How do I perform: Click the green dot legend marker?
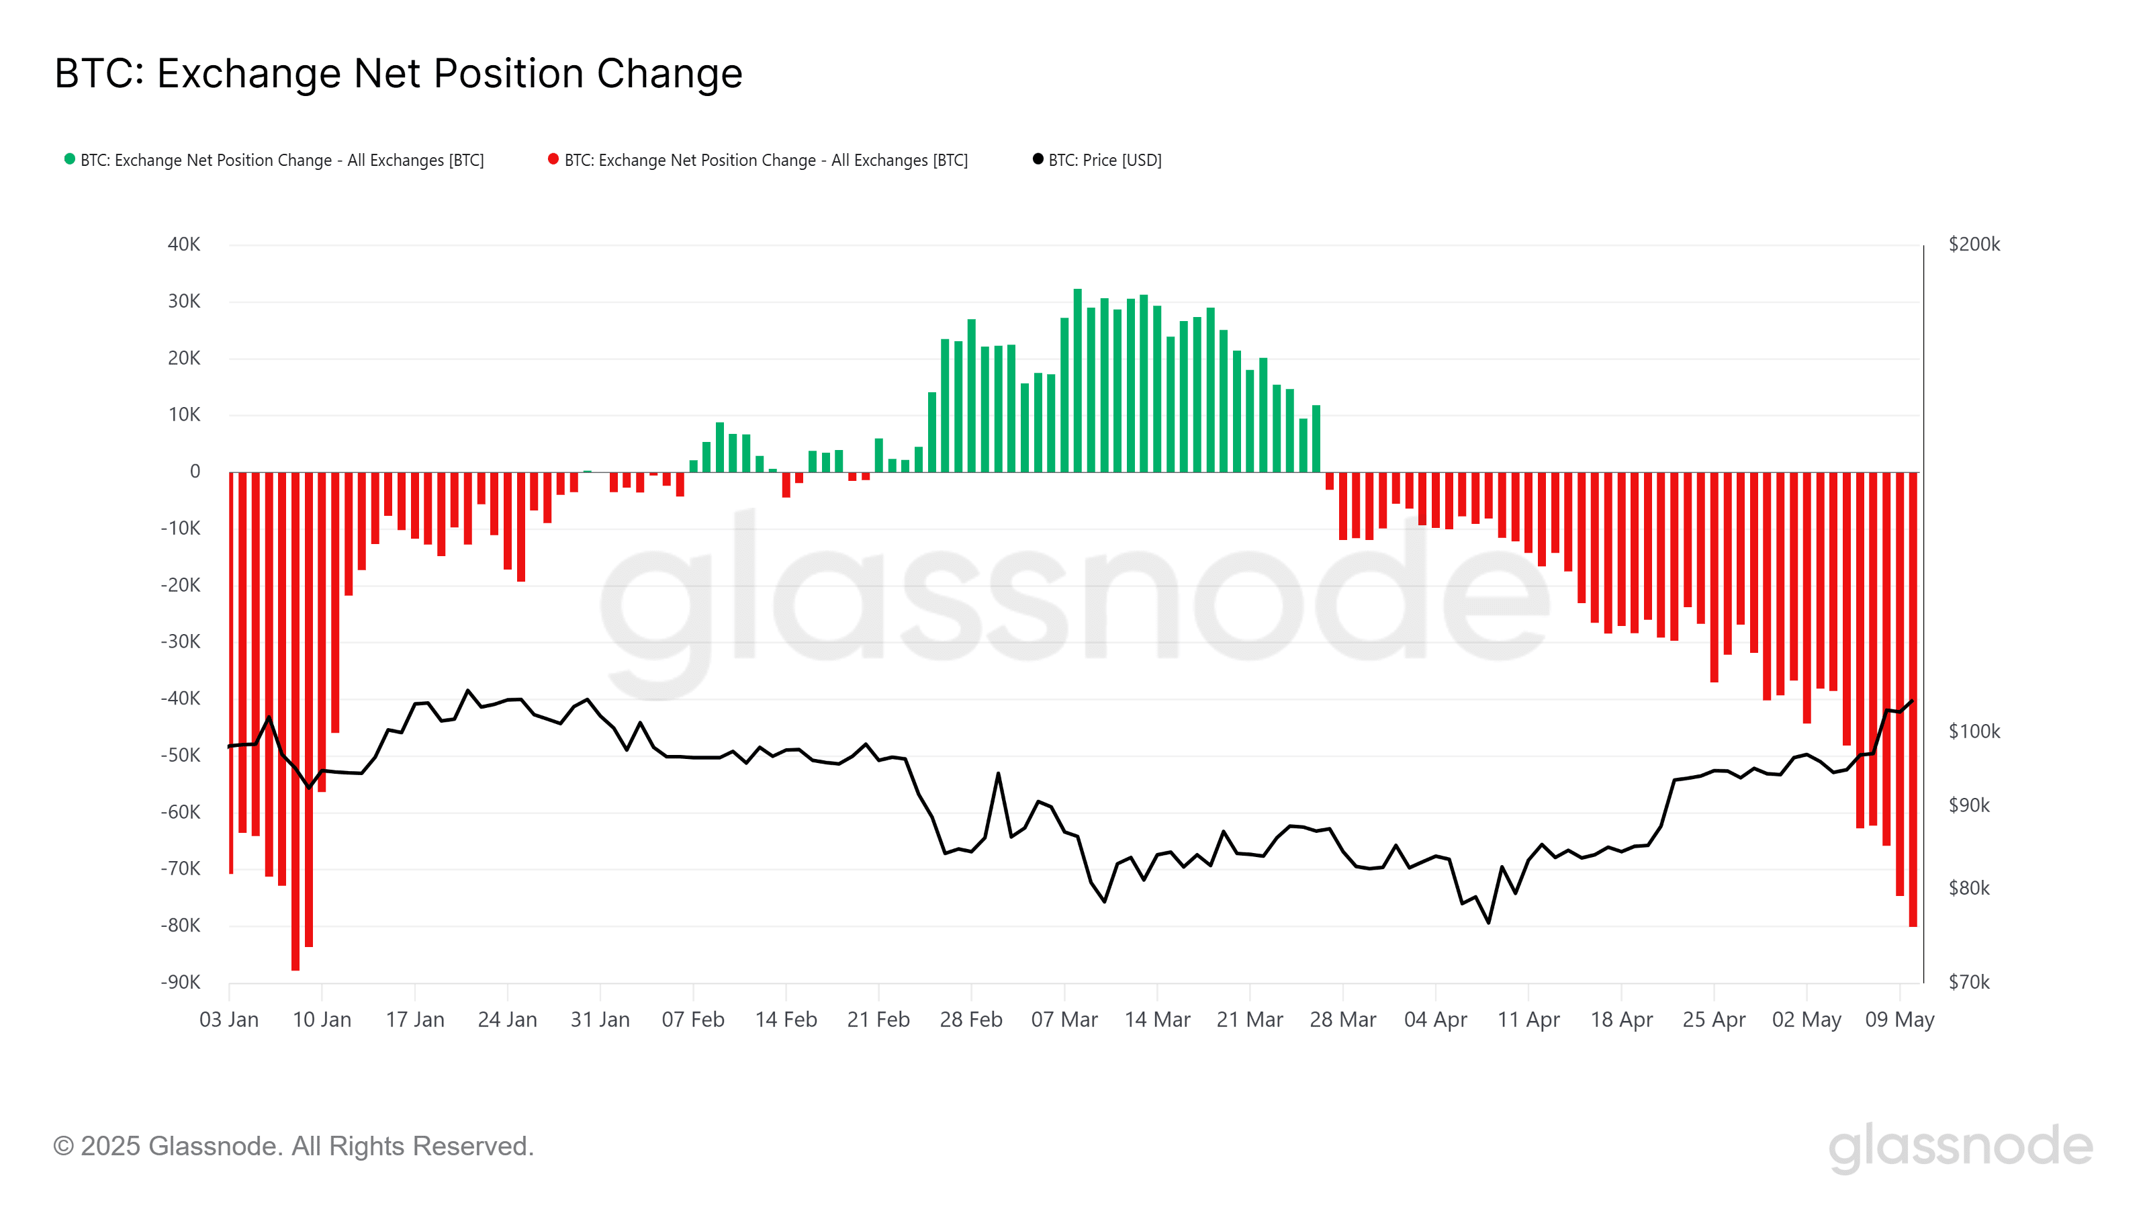click(x=70, y=159)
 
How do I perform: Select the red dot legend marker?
click(x=553, y=159)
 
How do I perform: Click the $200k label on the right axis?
click(x=1974, y=244)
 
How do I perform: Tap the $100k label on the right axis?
click(x=1974, y=731)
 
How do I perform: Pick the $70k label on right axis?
click(x=1969, y=982)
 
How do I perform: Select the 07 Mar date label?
click(x=1064, y=1020)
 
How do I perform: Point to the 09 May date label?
click(x=1900, y=1020)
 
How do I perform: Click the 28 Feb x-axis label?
click(x=971, y=1020)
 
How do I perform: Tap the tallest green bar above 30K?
click(x=1077, y=379)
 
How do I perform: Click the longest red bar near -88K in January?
click(x=295, y=722)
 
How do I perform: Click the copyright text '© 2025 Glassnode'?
click(x=293, y=1147)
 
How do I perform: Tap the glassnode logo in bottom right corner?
click(x=1960, y=1147)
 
